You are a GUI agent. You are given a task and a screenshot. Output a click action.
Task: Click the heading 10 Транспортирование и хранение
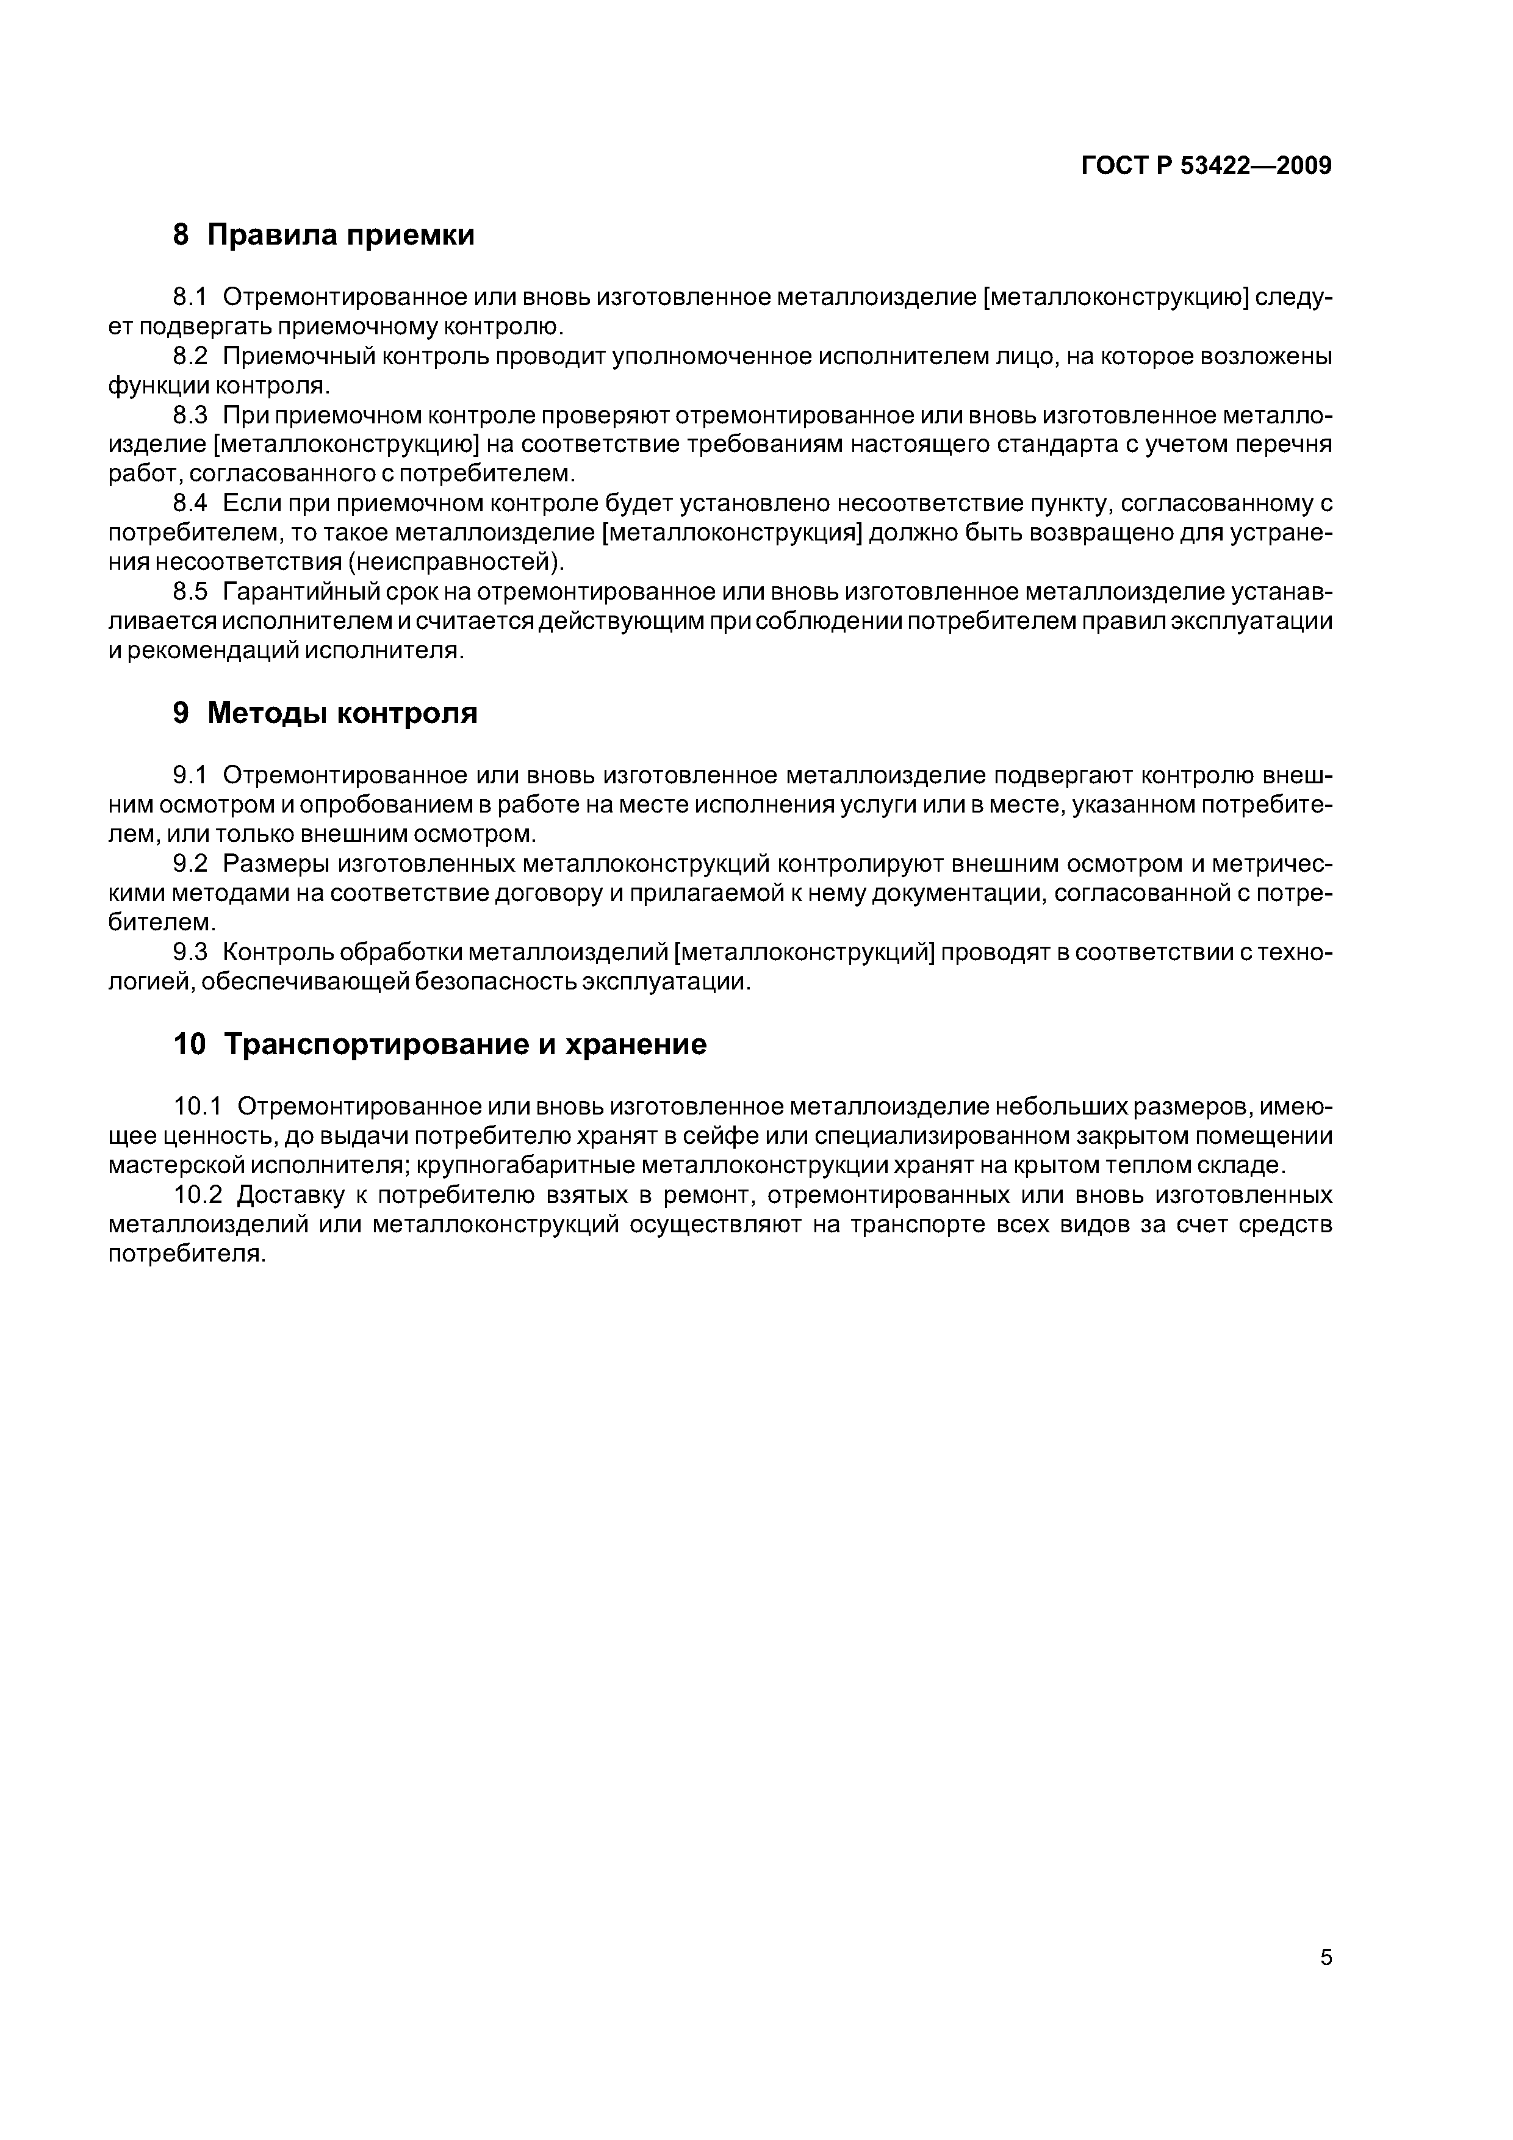440,1044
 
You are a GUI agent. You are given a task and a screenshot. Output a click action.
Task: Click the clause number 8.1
190,297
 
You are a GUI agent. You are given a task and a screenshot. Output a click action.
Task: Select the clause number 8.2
190,356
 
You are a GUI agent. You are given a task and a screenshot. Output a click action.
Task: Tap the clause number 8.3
190,415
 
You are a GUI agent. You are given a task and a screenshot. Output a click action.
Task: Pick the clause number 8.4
190,503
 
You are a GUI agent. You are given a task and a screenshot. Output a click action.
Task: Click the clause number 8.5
190,592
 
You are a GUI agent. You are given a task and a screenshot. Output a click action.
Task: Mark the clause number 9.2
190,864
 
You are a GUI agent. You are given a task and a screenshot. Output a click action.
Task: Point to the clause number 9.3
190,952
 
